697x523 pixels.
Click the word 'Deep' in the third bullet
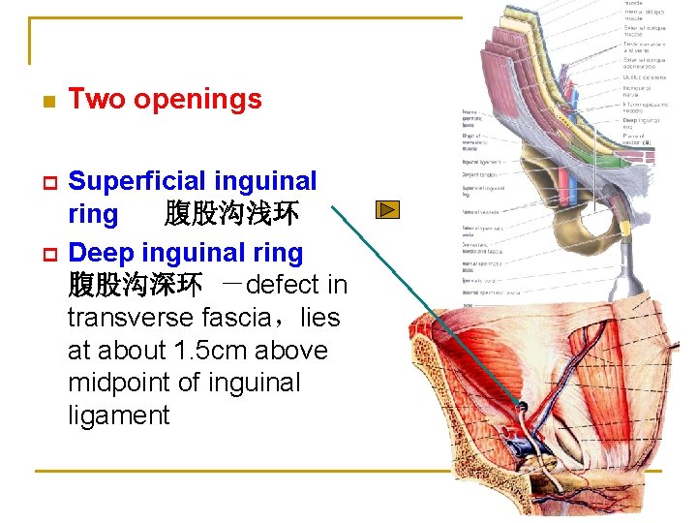100,254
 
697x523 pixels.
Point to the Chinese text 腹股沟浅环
231,214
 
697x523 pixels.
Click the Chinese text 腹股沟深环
135,286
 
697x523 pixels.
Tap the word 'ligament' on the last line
118,415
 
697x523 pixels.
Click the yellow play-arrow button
387,209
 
